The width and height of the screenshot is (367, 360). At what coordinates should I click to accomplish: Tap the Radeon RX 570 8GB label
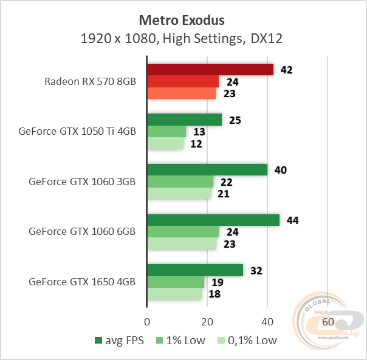point(90,81)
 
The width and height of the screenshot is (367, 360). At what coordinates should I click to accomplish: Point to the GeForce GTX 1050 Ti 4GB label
point(77,131)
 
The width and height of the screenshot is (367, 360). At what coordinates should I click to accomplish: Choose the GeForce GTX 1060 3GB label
point(81,181)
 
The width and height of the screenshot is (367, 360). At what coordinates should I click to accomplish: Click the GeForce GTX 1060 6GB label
point(81,231)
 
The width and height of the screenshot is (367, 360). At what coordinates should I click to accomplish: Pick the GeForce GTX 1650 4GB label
point(81,282)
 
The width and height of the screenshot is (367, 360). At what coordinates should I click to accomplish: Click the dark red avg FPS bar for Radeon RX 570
point(210,70)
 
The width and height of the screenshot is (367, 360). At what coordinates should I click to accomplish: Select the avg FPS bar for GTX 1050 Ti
point(184,120)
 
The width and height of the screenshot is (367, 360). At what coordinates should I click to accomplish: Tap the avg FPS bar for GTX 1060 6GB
point(213,220)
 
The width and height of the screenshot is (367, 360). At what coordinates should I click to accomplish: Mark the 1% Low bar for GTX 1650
point(176,282)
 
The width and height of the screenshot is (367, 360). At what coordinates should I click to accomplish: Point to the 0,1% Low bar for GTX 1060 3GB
point(179,194)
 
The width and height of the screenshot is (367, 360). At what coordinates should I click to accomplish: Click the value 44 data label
point(293,220)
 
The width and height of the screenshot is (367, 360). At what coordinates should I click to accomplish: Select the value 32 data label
point(256,270)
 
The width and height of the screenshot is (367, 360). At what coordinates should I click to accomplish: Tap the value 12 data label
point(196,144)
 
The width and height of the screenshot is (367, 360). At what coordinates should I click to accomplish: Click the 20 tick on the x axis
point(207,321)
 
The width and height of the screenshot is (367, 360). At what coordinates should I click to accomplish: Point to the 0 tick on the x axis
point(147,321)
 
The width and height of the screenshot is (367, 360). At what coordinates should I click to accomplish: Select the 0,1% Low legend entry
point(247,341)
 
